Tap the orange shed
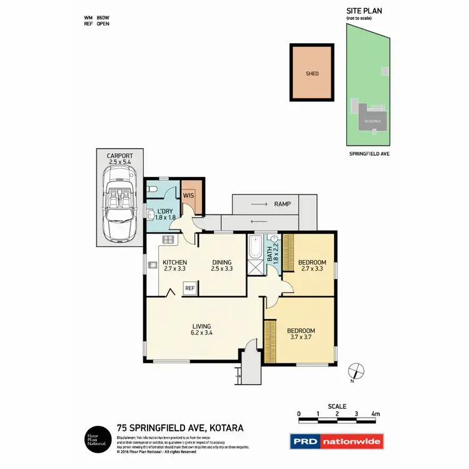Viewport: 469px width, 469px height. (312, 73)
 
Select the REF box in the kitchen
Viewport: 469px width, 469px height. (189, 288)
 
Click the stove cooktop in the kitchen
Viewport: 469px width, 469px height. (168, 240)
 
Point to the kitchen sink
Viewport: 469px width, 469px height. (152, 265)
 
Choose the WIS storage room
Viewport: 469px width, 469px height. (188, 194)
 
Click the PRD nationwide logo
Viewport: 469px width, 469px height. (336, 442)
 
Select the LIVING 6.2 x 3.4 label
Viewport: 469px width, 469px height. (201, 330)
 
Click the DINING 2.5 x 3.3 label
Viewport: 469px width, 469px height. (221, 266)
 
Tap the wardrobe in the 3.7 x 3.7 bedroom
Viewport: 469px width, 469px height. (270, 341)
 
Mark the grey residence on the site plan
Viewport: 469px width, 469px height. (373, 117)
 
